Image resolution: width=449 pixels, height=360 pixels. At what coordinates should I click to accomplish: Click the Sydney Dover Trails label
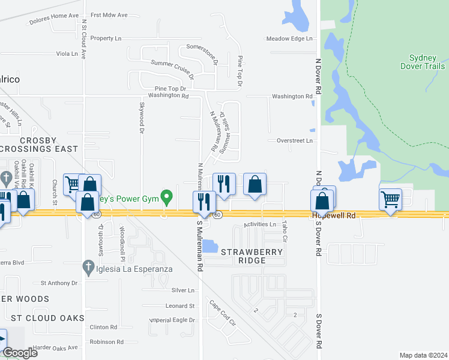click(x=427, y=62)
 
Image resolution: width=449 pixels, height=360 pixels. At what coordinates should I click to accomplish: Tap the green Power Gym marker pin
click(x=169, y=196)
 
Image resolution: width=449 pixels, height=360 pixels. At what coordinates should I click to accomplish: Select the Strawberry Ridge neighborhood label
click(x=252, y=256)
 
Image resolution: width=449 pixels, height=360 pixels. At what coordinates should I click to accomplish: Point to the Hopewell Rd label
click(x=334, y=215)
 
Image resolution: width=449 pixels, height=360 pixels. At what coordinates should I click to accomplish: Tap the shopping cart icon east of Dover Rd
click(x=390, y=198)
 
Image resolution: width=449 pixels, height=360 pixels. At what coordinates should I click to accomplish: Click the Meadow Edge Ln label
click(x=290, y=39)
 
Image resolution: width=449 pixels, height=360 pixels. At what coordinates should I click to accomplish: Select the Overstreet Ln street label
click(x=295, y=140)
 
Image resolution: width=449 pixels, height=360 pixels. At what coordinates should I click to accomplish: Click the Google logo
click(x=19, y=353)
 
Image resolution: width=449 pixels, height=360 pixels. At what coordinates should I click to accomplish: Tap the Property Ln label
click(x=106, y=38)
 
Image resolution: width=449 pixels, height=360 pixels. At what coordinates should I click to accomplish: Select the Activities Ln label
click(x=259, y=224)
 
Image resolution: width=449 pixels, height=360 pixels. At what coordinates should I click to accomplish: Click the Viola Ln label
click(x=67, y=54)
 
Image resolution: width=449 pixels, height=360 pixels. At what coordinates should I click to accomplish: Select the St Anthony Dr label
click(x=59, y=283)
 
